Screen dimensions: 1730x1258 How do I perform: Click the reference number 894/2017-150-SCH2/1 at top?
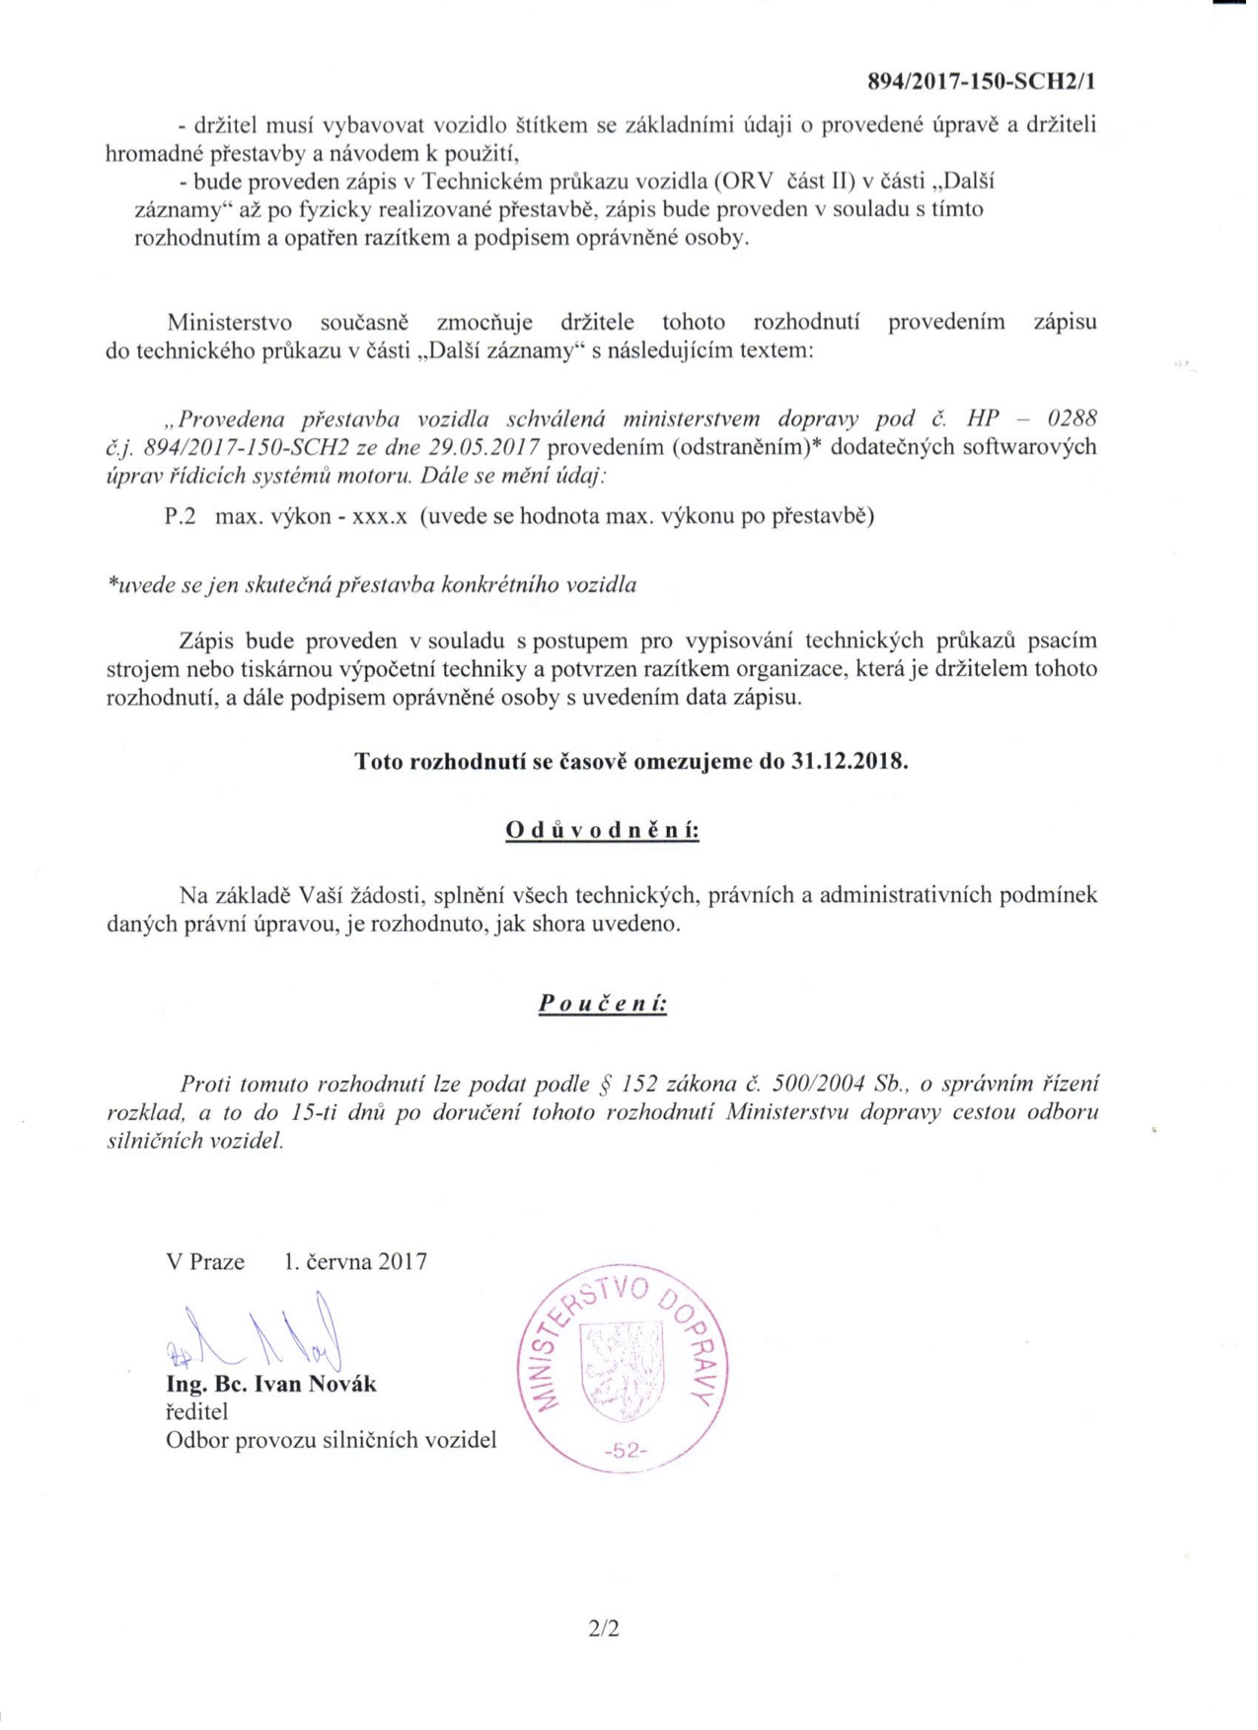(x=981, y=82)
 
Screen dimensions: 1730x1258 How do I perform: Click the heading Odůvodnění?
(x=602, y=830)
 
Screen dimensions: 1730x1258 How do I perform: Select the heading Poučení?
(x=602, y=1004)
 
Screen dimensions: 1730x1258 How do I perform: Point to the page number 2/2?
(x=603, y=1629)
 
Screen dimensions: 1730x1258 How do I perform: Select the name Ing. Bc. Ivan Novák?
(x=271, y=1385)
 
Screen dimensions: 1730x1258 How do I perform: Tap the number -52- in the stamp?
(x=624, y=1451)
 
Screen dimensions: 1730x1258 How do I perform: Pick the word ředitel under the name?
(x=196, y=1413)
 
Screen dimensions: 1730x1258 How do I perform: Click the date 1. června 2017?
(x=355, y=1261)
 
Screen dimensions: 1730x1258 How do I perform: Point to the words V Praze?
(x=205, y=1261)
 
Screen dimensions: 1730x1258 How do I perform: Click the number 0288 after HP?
(x=1071, y=418)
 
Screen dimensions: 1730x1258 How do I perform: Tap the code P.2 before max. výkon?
(x=181, y=516)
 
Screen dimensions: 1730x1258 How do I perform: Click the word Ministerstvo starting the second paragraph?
(x=229, y=323)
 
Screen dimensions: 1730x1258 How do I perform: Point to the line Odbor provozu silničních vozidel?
(x=331, y=1441)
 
